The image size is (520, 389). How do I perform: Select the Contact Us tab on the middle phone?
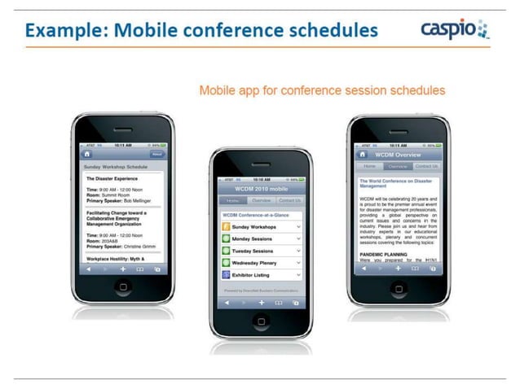(289, 199)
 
